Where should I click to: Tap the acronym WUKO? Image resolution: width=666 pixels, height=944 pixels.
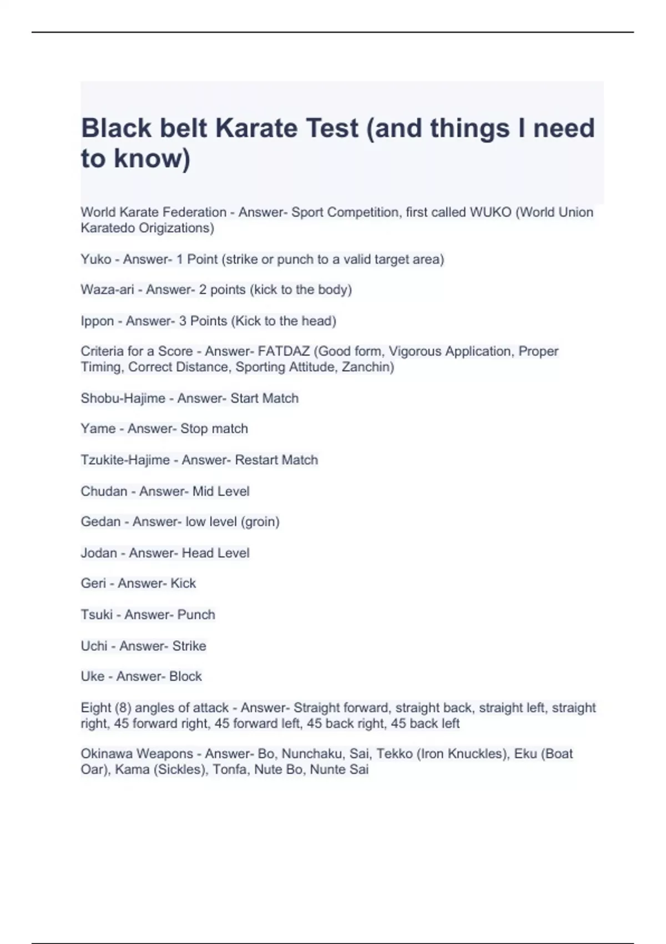click(491, 212)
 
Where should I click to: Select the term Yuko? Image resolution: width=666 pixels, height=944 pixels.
click(95, 259)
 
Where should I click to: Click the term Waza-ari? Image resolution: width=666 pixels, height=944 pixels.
click(107, 290)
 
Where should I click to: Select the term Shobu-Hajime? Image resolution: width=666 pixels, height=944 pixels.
click(123, 398)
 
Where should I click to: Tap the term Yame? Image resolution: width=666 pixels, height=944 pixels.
click(98, 429)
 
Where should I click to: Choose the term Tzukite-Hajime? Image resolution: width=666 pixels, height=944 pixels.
click(125, 460)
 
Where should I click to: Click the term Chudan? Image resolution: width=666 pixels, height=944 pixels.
click(104, 491)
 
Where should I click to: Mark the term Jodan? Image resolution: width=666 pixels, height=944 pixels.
click(99, 553)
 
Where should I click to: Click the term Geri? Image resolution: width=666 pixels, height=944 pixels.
click(93, 584)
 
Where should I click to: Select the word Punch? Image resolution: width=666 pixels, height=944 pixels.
click(196, 615)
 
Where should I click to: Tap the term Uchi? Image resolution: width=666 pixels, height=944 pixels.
click(94, 646)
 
